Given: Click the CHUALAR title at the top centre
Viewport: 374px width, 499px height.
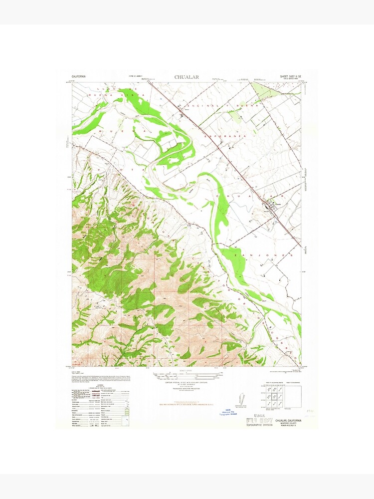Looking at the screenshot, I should click(187, 77).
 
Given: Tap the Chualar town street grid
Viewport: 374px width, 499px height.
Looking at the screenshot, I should click(273, 205).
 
